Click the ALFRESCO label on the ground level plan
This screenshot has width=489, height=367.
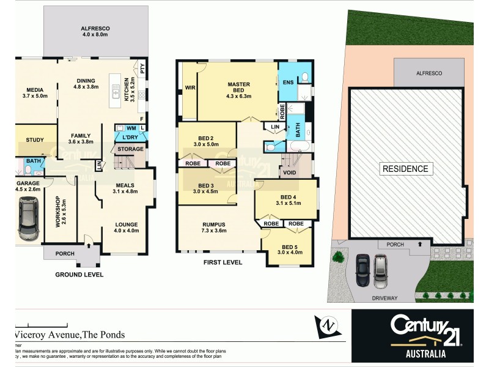95,29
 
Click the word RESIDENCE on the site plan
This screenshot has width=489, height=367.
405,169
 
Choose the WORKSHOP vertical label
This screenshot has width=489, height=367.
59,211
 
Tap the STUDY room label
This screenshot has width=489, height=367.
35,140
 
